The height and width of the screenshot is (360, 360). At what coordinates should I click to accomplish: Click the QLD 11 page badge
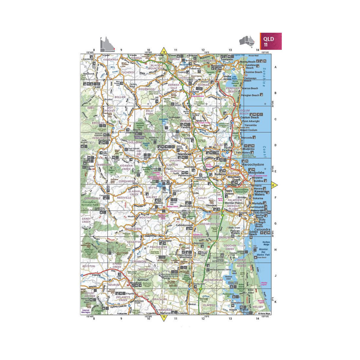pyautogui.click(x=271, y=41)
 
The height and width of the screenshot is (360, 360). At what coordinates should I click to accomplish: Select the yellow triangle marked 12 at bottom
pyautogui.click(x=164, y=317)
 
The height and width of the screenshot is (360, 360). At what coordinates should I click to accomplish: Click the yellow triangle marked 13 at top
pyautogui.click(x=164, y=51)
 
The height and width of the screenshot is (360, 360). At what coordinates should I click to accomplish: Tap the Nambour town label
pyautogui.click(x=184, y=153)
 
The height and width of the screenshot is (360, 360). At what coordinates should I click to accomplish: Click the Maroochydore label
pyautogui.click(x=252, y=164)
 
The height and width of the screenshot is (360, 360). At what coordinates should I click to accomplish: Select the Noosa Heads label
pyautogui.click(x=248, y=62)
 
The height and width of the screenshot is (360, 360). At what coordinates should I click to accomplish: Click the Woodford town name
pyautogui.click(x=135, y=282)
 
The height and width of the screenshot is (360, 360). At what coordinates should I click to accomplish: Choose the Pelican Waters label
pyautogui.click(x=235, y=232)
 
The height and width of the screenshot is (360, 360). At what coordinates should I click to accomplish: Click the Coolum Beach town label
pyautogui.click(x=249, y=117)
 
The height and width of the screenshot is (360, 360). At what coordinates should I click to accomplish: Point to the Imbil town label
pyautogui.click(x=97, y=87)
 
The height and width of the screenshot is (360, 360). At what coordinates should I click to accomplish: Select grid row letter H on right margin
pyautogui.click(x=275, y=250)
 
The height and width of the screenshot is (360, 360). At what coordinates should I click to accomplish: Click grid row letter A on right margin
pyautogui.click(x=275, y=67)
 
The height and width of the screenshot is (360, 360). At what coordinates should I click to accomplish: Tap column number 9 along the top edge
pyautogui.click(x=121, y=50)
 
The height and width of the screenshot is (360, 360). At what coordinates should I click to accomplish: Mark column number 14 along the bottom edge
pyautogui.click(x=257, y=318)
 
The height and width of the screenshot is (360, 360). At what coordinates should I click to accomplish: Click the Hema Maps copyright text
pyautogui.click(x=264, y=313)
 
